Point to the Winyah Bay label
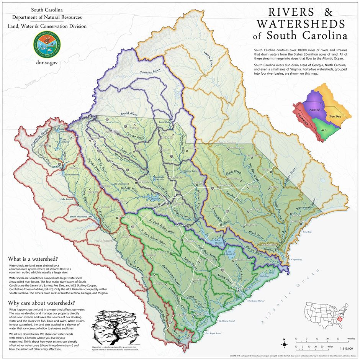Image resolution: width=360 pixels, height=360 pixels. click(x=296, y=259)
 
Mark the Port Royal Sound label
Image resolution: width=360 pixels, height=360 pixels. click(x=213, y=333)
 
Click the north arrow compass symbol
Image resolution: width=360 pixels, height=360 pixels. click(x=284, y=344)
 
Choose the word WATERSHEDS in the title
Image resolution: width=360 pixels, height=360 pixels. click(x=301, y=24)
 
